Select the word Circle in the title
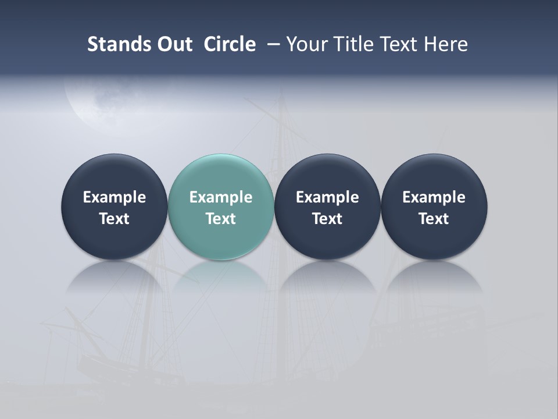[x=230, y=44]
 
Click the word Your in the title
[x=306, y=44]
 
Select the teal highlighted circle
[x=221, y=206]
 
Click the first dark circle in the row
[x=114, y=206]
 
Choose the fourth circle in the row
[x=434, y=206]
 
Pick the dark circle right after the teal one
[x=327, y=206]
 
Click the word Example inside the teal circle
[x=221, y=197]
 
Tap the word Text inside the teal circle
[x=221, y=219]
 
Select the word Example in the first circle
[x=114, y=197]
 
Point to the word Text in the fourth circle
[x=434, y=219]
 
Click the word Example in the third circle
[x=327, y=197]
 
